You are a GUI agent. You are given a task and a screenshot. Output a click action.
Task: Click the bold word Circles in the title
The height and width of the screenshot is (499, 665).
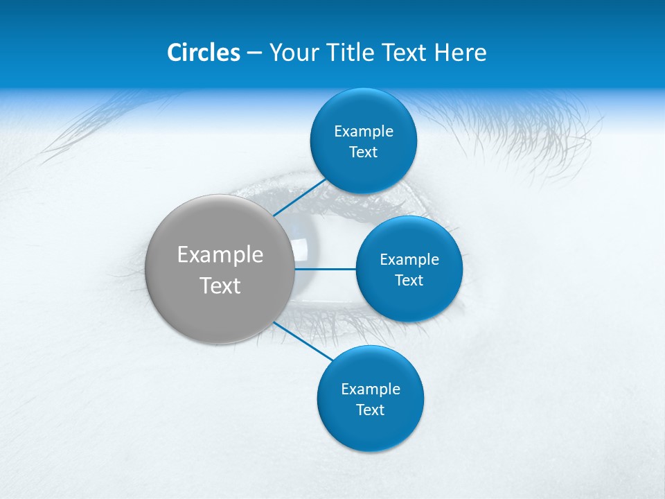(204, 53)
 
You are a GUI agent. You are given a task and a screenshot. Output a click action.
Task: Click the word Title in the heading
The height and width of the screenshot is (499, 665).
(350, 53)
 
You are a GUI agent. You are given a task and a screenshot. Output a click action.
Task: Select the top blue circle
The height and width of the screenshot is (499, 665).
(363, 166)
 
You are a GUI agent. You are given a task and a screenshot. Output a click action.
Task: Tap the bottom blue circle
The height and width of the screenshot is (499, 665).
(370, 430)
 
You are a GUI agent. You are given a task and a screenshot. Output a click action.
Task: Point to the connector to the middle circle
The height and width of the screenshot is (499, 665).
(325, 268)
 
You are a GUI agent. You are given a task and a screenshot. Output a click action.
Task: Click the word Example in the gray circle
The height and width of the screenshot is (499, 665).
(220, 255)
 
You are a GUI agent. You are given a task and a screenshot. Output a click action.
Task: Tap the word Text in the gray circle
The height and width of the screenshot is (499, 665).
(220, 286)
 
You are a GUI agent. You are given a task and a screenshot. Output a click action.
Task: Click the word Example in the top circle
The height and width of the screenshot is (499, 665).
(363, 132)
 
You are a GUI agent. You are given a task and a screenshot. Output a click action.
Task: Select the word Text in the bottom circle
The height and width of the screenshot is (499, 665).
(370, 410)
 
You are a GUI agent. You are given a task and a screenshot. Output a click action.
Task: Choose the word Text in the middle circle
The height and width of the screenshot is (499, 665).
(409, 280)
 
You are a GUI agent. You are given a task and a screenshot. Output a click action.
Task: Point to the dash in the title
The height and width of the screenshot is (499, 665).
(254, 53)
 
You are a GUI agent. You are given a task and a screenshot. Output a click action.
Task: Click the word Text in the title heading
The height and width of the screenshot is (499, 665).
(404, 53)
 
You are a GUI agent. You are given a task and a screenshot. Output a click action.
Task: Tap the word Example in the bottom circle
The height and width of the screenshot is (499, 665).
(370, 389)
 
